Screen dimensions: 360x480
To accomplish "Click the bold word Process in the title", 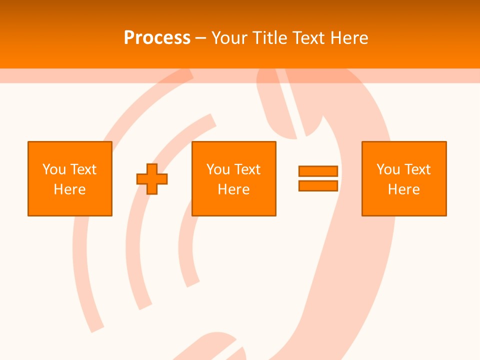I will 157,38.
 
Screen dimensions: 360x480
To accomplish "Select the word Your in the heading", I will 229,38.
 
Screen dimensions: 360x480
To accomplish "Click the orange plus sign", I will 152,179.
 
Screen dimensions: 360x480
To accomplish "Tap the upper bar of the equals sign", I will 318,171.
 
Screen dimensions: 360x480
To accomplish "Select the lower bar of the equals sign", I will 318,185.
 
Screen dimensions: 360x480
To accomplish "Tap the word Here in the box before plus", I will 70,189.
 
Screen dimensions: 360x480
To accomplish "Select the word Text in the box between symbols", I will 247,169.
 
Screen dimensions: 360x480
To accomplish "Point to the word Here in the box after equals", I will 404,189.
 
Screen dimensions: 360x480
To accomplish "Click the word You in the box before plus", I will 54,169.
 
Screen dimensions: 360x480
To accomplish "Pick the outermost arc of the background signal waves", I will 82,260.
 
